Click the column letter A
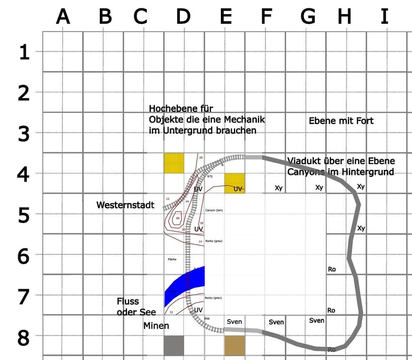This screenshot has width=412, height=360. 63,17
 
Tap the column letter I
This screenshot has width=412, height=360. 385,17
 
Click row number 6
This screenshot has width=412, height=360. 23,256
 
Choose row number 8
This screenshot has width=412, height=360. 23,338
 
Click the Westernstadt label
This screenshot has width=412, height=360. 125,205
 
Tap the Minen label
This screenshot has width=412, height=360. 156,325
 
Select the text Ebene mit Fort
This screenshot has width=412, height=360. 341,121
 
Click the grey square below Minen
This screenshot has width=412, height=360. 174,345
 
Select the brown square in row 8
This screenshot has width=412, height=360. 235,345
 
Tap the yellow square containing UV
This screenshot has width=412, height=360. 235,183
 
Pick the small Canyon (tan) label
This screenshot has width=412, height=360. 214,210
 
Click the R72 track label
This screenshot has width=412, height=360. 210,177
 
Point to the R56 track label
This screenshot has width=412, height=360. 207,318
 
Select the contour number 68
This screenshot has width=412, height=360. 178,218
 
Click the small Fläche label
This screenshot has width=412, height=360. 172,259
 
